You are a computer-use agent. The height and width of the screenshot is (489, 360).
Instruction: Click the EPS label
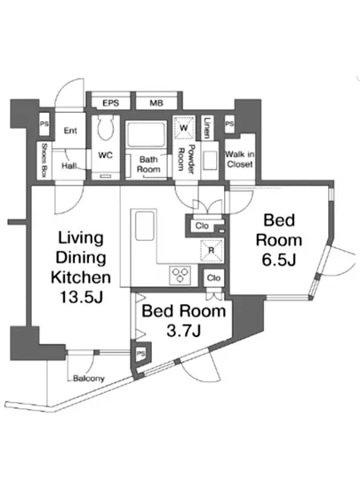coord(110,103)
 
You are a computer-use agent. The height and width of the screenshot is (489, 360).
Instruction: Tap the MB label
coord(156,103)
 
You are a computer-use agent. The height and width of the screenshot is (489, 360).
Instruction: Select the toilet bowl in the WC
coord(106,129)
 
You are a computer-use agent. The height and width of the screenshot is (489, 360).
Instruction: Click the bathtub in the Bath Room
coord(145,135)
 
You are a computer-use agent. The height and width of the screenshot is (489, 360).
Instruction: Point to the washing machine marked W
coord(184,127)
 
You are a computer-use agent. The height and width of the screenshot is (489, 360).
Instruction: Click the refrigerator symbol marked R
coord(212,251)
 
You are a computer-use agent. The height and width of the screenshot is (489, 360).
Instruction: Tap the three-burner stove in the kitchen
coord(180,276)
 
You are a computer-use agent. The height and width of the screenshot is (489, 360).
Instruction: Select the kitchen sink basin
coord(145,226)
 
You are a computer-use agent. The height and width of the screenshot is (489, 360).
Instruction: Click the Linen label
coord(207,127)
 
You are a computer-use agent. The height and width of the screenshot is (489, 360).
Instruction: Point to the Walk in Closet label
coord(239,159)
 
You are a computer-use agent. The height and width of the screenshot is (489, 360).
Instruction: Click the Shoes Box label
coord(44,161)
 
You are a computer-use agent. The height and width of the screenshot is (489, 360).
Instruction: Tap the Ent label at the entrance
coord(70,131)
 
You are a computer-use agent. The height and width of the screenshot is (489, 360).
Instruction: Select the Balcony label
coord(89,378)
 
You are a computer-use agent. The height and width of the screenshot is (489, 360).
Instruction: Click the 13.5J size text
coord(81,297)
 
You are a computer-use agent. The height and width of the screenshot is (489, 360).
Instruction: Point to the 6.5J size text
coord(278,261)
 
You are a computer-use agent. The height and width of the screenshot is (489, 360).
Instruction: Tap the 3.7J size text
coord(183,331)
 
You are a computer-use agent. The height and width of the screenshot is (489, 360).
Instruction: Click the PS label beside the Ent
coord(44,124)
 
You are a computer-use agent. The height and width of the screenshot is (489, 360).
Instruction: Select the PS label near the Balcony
coord(140,354)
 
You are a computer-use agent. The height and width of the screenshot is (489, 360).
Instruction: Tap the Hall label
coord(69,166)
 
